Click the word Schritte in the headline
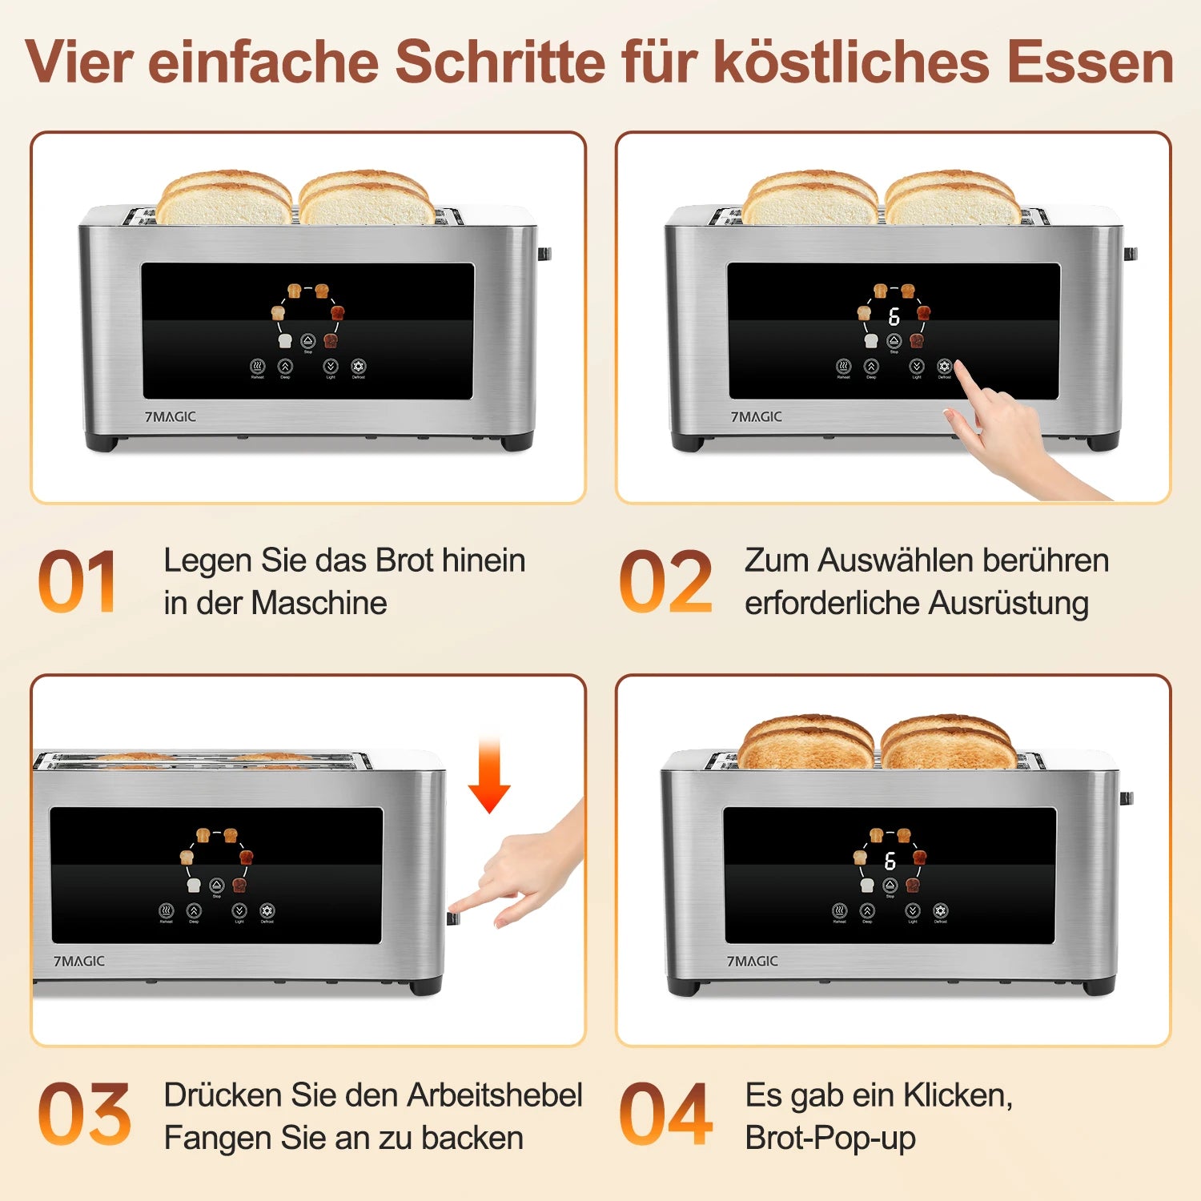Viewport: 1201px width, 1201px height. tap(500, 62)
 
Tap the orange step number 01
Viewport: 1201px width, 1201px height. tap(78, 581)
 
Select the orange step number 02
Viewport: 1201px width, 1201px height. tap(665, 581)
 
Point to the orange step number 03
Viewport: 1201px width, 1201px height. tap(84, 1115)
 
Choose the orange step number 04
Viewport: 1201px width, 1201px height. tap(665, 1115)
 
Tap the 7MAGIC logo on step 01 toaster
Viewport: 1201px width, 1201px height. tap(171, 417)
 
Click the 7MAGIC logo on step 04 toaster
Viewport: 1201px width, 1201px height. tap(752, 961)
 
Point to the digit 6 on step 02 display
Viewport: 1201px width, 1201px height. tap(894, 317)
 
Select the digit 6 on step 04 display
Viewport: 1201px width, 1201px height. tap(890, 862)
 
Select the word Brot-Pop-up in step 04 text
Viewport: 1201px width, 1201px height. tap(830, 1138)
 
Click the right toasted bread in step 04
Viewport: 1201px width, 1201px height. tap(948, 743)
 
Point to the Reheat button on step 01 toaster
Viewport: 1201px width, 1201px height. tap(257, 367)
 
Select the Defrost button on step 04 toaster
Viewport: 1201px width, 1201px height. tap(941, 911)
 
